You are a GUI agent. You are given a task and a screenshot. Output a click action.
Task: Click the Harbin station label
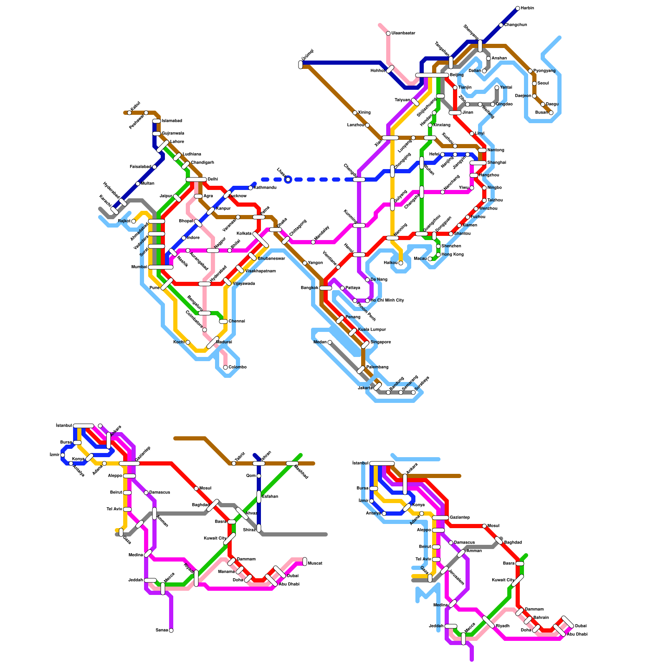(527, 8)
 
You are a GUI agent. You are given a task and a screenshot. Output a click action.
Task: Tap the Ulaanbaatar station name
(403, 33)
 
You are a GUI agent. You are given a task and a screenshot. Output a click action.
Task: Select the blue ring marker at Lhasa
(288, 180)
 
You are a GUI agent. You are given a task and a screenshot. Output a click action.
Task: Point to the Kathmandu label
(265, 188)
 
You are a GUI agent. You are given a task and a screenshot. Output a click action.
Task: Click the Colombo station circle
(225, 367)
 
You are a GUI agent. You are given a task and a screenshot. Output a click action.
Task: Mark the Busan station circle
(551, 113)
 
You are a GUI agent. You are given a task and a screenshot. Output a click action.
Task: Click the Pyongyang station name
(544, 71)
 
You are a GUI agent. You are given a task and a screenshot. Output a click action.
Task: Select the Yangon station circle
(305, 263)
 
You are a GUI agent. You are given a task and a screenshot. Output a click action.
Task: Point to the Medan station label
(320, 342)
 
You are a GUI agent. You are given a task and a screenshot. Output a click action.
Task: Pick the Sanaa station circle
(171, 630)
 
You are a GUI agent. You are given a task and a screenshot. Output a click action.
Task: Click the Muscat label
(315, 564)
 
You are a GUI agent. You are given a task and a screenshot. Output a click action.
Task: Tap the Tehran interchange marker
(259, 463)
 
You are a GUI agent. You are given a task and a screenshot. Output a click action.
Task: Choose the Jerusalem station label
(456, 577)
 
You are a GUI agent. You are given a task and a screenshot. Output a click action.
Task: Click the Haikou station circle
(401, 263)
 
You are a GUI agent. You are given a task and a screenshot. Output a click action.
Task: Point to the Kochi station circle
(188, 342)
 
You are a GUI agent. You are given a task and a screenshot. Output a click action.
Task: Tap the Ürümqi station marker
(301, 65)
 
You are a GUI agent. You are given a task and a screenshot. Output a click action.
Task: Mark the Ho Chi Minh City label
(387, 301)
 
